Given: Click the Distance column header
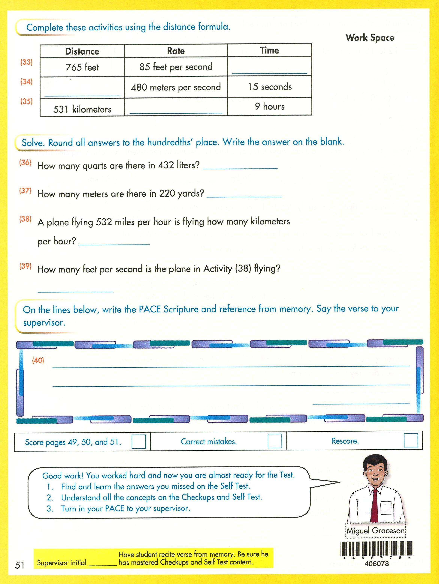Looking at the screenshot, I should coord(82,51).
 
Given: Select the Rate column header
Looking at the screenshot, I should coord(176,51).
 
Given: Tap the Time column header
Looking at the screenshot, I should coord(269,50).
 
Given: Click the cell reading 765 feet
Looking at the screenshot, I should coord(82,67).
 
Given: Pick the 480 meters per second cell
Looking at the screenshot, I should coord(176,87).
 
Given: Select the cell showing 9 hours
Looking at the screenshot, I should coord(269,106).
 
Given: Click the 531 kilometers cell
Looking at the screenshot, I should coord(82,109).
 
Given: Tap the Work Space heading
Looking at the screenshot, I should coord(370,38).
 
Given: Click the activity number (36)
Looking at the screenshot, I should coord(25,162).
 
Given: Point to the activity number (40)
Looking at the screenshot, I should coord(38,360).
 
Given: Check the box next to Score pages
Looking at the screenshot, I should coord(138,441).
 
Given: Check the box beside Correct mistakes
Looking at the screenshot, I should coord(275,441).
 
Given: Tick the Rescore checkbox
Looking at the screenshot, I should coord(411,440).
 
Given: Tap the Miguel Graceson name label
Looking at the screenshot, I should coord(376,531).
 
